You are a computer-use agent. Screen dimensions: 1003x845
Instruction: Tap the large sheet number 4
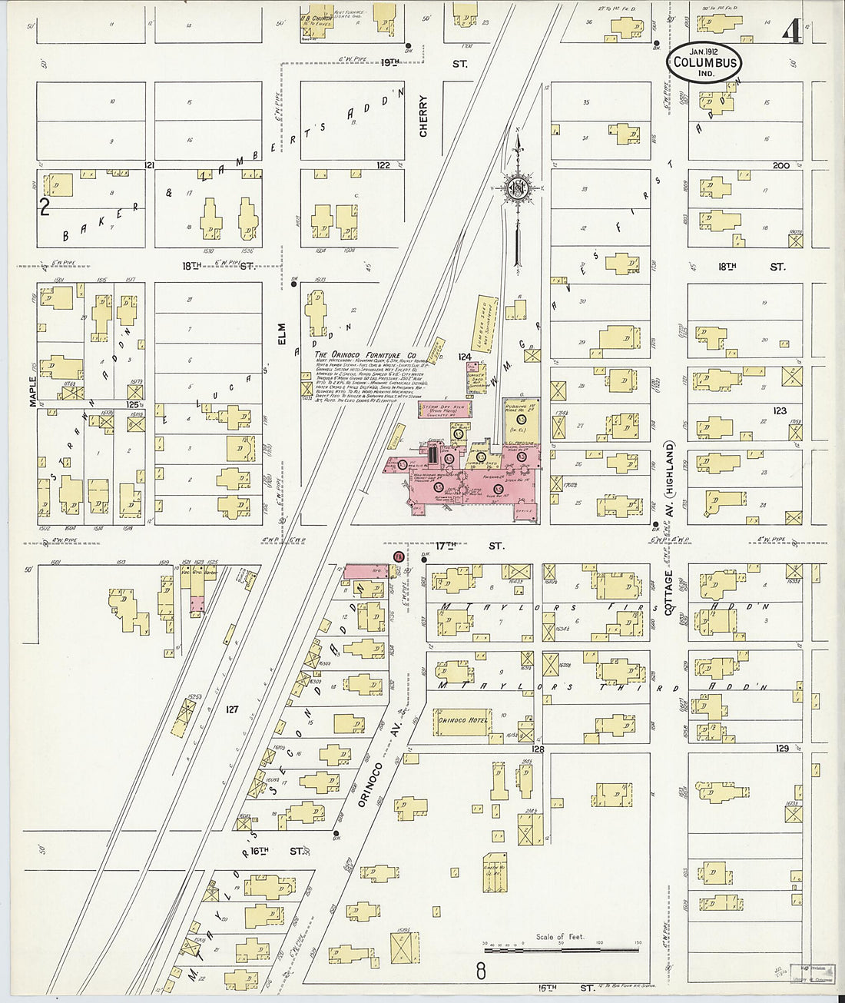[x=792, y=32]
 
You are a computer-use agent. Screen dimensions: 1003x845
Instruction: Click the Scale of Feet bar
[x=561, y=950]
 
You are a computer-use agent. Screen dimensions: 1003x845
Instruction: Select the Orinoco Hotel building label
[x=462, y=720]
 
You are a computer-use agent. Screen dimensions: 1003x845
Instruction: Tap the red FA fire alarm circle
[x=398, y=556]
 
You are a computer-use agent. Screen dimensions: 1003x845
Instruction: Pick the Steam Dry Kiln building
[x=449, y=409]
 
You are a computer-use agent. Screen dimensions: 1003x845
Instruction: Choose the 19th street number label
[x=389, y=63]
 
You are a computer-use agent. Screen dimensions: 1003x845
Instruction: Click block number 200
[x=780, y=165]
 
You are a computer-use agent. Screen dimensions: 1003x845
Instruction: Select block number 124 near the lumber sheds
[x=464, y=357]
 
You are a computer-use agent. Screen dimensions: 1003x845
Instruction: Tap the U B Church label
[x=316, y=18]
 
